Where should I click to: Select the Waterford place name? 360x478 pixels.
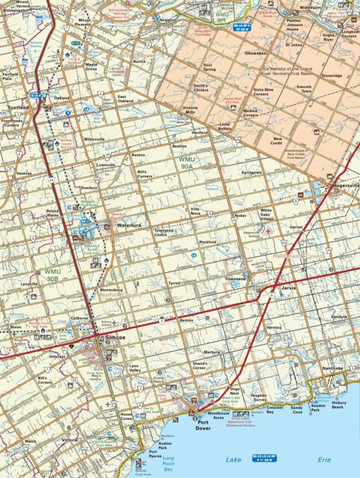(x=128, y=224)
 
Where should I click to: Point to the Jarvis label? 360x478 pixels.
(x=289, y=286)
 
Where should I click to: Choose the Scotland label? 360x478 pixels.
(x=18, y=107)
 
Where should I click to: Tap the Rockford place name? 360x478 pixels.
(x=208, y=242)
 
